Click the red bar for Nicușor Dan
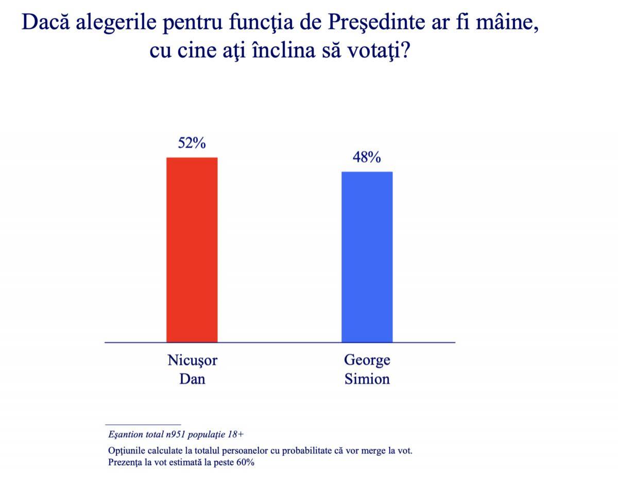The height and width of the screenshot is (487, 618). tap(192, 249)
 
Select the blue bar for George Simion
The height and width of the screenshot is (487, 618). tap(367, 257)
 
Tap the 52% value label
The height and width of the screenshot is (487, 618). tap(192, 143)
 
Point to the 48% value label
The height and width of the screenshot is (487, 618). tap(367, 157)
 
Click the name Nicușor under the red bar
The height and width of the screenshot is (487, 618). tap(192, 360)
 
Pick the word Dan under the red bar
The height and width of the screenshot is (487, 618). tap(192, 380)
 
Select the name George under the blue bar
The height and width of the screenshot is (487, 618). tap(367, 360)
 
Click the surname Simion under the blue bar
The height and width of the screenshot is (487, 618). tap(367, 380)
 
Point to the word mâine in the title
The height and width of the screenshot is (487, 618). tap(503, 24)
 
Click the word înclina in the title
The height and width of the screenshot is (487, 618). tap(284, 51)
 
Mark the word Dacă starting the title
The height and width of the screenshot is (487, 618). tap(42, 24)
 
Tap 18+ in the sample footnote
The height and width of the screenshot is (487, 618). tap(235, 435)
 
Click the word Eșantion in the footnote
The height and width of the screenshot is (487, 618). tap(126, 435)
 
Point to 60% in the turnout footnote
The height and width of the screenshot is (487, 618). tap(245, 462)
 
